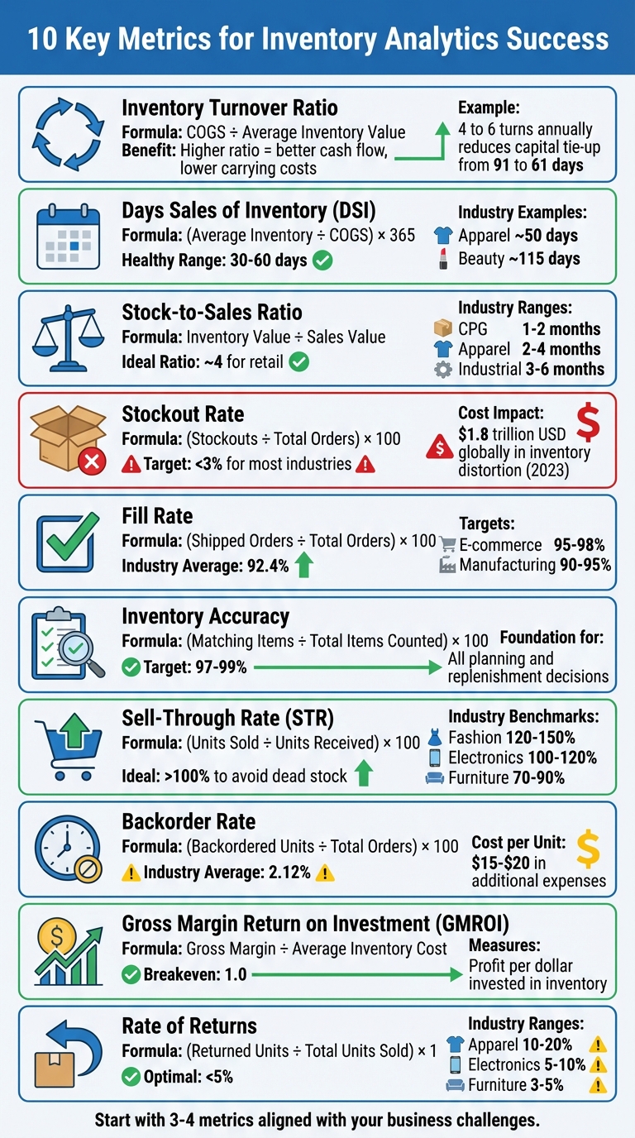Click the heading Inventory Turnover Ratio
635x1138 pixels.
pos(229,108)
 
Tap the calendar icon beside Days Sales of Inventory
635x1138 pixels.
pos(69,236)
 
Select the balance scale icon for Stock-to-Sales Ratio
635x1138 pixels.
pos(69,337)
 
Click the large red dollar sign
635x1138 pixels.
pos(588,422)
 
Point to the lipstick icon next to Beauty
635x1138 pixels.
pos(443,259)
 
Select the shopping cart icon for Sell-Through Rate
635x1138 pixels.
pos(69,747)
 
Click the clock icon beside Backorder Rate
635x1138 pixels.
pos(67,849)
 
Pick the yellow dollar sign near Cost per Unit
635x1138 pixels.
pos(587,849)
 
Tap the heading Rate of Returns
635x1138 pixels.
pos(189,1026)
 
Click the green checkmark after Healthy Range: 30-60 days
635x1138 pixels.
pos(323,261)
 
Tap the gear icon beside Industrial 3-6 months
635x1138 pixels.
pos(443,370)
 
